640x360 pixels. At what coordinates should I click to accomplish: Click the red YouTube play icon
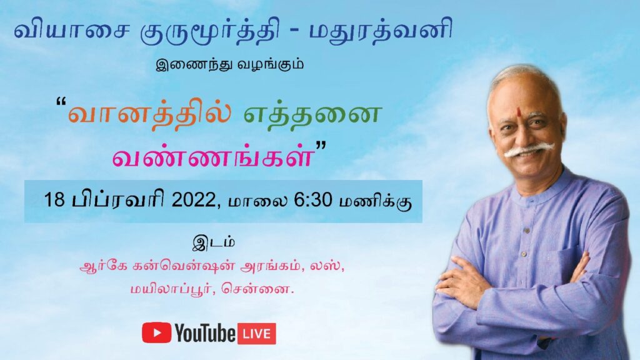(156, 332)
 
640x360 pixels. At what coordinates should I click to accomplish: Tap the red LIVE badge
(257, 334)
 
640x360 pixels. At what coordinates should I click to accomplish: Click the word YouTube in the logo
(205, 333)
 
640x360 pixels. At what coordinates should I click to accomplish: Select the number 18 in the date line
(54, 200)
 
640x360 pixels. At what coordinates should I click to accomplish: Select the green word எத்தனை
(312, 114)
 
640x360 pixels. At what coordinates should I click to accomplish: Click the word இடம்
(214, 242)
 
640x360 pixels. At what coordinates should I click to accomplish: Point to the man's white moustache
(529, 150)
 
